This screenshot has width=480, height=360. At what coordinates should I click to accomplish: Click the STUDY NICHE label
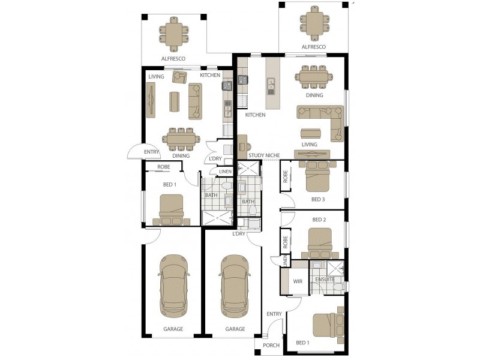264,155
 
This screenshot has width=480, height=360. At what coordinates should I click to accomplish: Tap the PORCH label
272,346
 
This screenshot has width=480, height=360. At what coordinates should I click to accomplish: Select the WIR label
297,281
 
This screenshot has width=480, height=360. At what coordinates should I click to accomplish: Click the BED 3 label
319,199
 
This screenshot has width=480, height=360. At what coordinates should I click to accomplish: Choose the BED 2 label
319,220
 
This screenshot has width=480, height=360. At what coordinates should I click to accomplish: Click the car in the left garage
173,285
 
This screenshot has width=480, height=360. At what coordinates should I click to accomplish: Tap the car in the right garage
235,285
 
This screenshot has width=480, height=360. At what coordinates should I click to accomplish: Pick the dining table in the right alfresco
314,23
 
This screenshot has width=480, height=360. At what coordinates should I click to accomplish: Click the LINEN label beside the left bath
225,172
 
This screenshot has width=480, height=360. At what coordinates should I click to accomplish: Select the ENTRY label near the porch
274,314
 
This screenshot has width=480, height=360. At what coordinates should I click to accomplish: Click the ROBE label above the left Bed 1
164,167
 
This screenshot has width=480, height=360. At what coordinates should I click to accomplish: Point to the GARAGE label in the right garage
235,329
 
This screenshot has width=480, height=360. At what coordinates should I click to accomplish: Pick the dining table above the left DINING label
181,139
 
